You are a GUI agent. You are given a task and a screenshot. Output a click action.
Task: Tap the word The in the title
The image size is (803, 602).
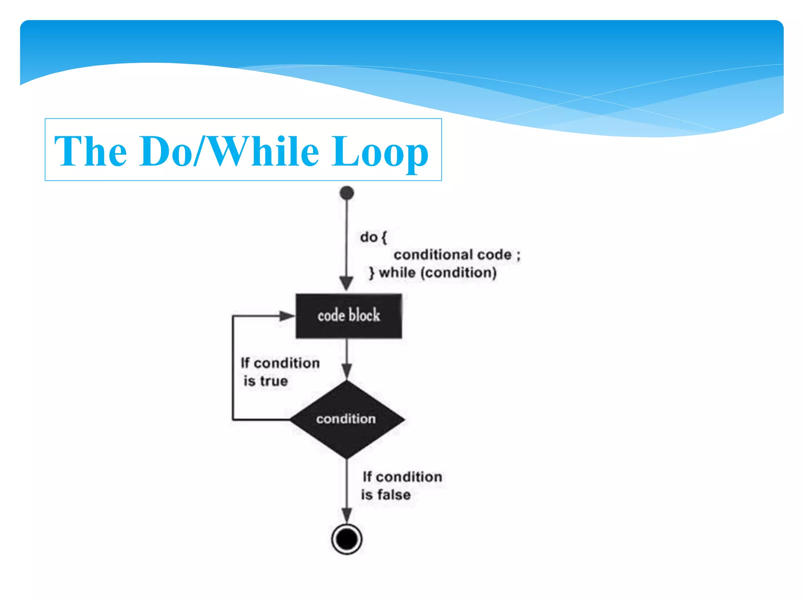(91, 152)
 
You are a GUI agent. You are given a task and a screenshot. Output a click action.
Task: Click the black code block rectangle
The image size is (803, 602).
(349, 316)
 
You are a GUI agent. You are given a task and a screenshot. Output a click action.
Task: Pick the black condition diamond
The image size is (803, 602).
(347, 419)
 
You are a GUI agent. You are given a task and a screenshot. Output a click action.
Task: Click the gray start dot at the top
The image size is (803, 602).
(347, 193)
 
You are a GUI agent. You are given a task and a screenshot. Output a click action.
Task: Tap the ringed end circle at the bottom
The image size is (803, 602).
(347, 539)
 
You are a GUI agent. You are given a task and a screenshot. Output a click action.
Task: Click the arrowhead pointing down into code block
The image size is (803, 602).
(346, 283)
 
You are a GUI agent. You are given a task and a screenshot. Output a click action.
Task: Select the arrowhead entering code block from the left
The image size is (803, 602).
(287, 316)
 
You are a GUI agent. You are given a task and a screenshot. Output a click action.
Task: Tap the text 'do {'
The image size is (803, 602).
(373, 237)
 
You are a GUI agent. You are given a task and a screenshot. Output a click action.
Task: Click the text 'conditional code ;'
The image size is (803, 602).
(457, 255)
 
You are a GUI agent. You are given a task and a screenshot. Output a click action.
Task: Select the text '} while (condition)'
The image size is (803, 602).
(433, 273)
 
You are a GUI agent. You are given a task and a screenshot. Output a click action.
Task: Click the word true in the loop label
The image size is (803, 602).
(274, 381)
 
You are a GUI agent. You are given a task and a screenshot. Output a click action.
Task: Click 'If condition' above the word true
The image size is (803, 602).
(280, 363)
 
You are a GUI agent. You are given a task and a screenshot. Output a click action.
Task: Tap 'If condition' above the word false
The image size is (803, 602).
(402, 477)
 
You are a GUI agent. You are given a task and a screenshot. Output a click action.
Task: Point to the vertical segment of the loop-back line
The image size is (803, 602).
(233, 368)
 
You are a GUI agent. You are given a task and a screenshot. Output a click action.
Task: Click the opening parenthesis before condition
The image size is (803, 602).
(423, 273)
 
